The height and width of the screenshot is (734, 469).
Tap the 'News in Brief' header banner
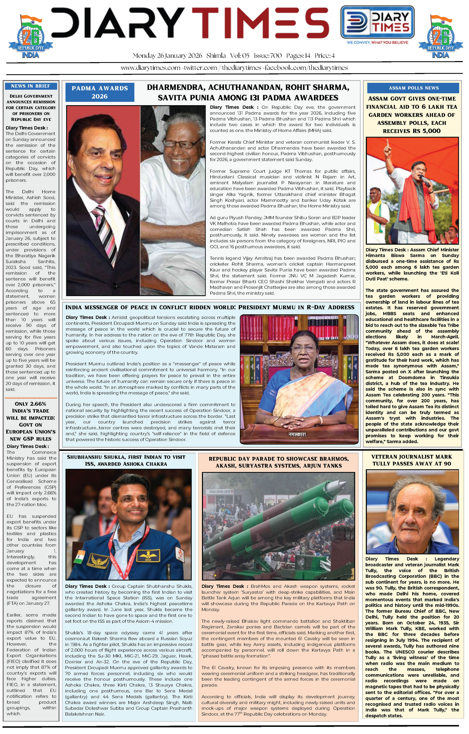click(31, 86)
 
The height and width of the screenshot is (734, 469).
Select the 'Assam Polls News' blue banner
click(414, 88)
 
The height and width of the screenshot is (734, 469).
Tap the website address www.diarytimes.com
click(150, 68)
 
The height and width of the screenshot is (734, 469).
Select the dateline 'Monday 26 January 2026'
click(167, 56)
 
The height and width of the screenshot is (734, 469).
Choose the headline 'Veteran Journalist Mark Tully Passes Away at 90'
click(412, 460)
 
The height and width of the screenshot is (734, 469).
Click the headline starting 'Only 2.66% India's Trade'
click(31, 421)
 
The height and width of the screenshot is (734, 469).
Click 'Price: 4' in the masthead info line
click(325, 56)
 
